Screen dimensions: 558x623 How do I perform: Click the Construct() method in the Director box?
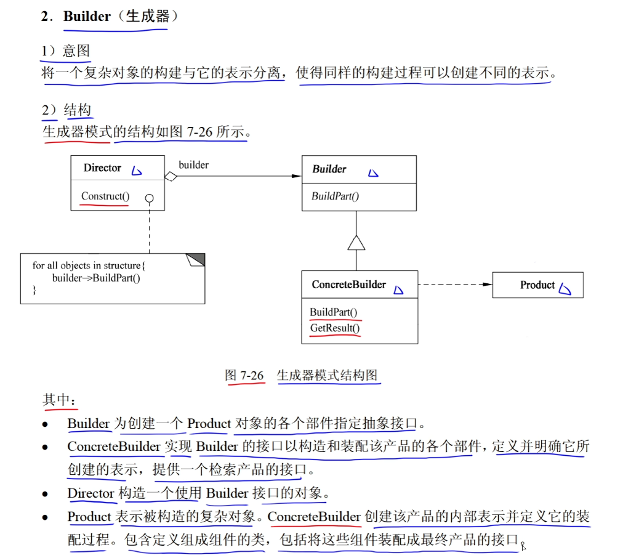105,196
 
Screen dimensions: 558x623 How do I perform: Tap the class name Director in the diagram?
102,168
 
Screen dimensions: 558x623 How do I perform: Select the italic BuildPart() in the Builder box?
335,196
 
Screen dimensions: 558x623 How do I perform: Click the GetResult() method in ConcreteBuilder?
335,328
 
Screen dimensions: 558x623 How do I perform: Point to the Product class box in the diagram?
537,285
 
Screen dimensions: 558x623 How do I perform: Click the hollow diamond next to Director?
171,177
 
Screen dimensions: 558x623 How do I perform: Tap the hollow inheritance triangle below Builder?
356,243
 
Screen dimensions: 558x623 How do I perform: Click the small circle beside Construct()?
149,198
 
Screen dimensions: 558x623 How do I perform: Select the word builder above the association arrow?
193,164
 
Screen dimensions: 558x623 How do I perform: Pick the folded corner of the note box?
195,259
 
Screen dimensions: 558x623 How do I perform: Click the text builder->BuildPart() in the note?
96,278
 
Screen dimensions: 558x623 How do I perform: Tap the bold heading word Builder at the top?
87,17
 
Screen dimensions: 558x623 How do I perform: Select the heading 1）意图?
66,51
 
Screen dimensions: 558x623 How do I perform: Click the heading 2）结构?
66,110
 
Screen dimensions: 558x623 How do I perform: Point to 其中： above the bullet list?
60,399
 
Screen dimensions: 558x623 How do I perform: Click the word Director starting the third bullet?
90,493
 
